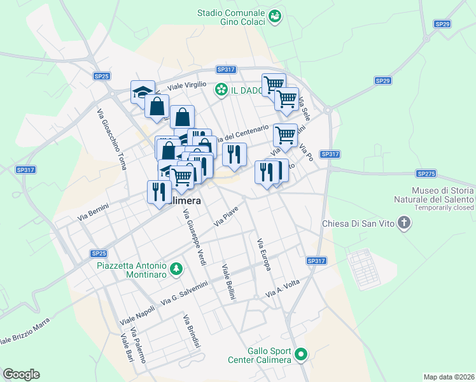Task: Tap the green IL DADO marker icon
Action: (x=221, y=90)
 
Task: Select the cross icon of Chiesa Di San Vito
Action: (x=403, y=222)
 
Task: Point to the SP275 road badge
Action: (x=425, y=173)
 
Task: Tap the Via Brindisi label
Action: (x=192, y=332)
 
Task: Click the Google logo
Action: (x=21, y=374)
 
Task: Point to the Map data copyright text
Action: (x=448, y=377)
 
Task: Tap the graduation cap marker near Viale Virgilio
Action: (x=143, y=92)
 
